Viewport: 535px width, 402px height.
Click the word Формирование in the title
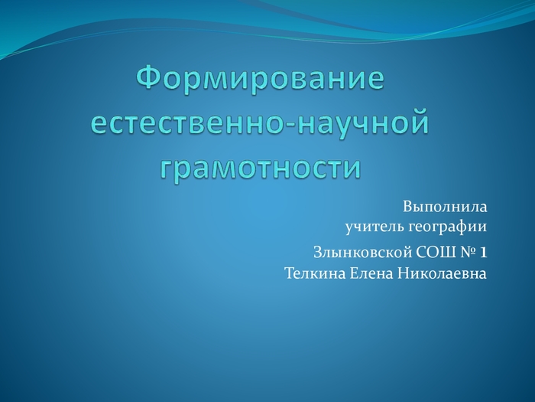pyautogui.click(x=261, y=79)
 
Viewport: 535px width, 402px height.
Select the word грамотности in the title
pyautogui.click(x=261, y=168)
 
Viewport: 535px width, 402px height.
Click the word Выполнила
pyautogui.click(x=445, y=207)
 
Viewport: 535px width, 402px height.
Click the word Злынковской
pyautogui.click(x=362, y=253)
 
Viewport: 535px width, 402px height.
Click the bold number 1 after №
pyautogui.click(x=484, y=253)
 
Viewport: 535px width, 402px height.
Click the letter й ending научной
pyautogui.click(x=418, y=121)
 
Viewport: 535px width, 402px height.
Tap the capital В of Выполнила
pyautogui.click(x=407, y=207)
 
